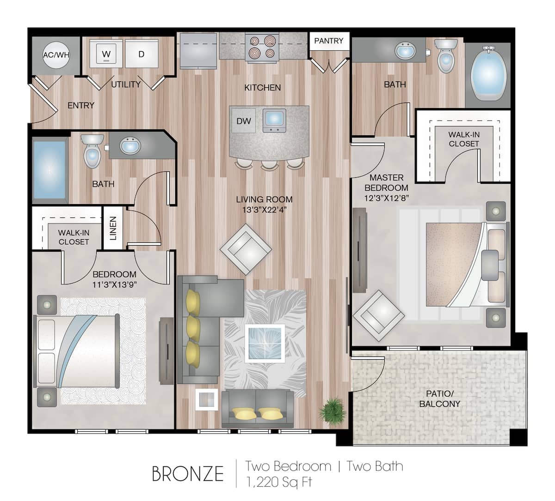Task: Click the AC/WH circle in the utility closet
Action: (56, 54)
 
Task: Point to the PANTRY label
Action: (328, 41)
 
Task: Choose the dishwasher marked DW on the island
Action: (244, 121)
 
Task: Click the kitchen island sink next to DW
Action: (274, 121)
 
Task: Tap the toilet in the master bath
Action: (446, 55)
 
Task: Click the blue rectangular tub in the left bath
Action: (49, 169)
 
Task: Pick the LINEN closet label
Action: (113, 228)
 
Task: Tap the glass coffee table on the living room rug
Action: (264, 342)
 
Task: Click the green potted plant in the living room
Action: (333, 409)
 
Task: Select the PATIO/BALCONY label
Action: (439, 399)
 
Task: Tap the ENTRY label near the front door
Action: (81, 106)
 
